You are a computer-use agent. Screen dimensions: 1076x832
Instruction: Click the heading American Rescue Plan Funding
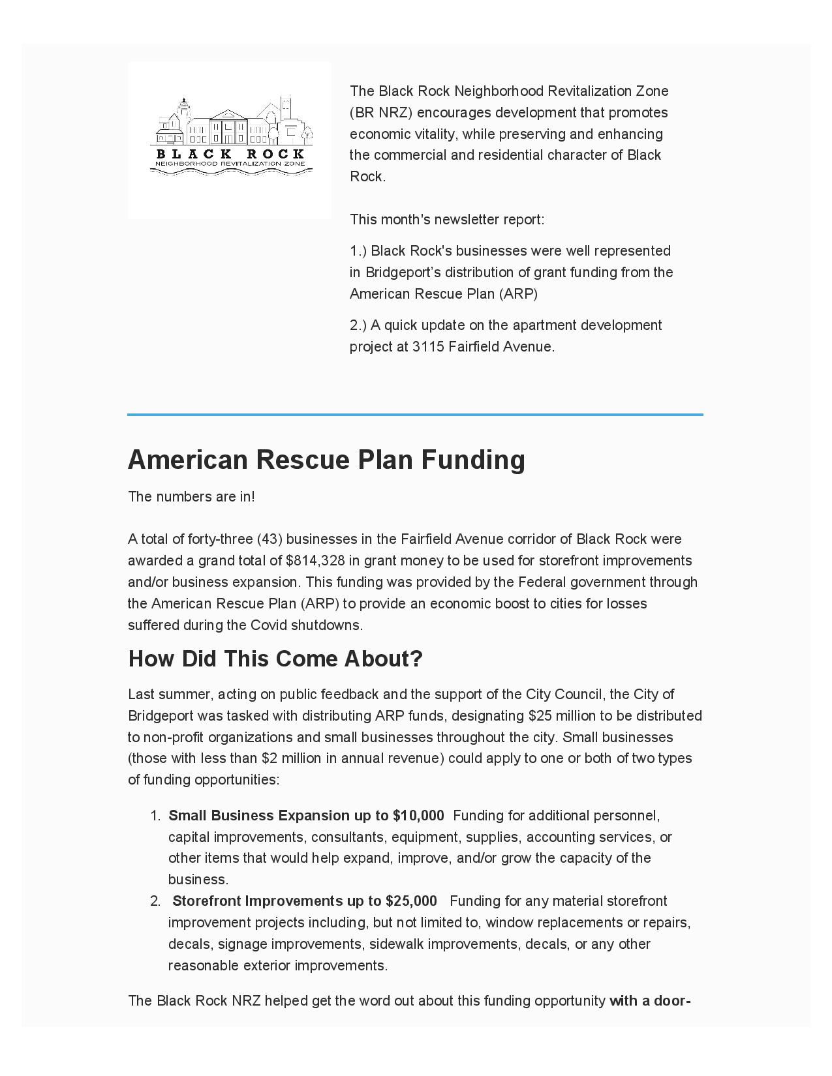point(326,459)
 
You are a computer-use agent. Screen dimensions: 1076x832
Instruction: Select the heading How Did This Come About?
point(275,659)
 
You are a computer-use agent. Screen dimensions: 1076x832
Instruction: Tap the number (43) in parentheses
point(270,539)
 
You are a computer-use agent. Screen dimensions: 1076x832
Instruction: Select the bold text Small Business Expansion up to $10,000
point(306,816)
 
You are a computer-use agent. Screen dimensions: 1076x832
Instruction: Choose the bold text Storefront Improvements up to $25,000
point(305,901)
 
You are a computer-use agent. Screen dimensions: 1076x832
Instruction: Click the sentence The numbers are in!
point(191,497)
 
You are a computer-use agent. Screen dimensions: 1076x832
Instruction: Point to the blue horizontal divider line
point(415,414)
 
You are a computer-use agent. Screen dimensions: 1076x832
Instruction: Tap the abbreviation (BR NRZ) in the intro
point(382,113)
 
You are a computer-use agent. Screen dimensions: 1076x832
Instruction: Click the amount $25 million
point(562,716)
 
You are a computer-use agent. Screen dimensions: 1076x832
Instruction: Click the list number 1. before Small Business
point(155,816)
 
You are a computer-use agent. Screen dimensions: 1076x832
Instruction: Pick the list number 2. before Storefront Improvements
point(155,901)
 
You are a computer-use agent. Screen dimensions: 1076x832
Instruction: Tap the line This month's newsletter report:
point(447,220)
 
